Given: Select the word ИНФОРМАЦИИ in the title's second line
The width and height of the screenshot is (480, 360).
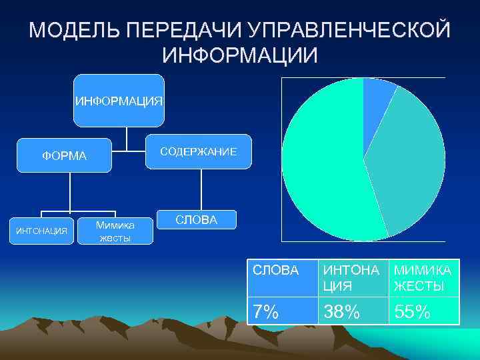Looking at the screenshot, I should (240, 55).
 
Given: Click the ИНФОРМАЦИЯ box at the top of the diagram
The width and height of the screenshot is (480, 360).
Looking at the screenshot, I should (119, 101).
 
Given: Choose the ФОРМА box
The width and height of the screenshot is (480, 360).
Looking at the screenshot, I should (64, 156).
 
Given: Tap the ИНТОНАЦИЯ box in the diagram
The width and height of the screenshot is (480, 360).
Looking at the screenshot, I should (41, 231).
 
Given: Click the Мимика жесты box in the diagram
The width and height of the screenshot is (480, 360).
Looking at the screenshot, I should (115, 231).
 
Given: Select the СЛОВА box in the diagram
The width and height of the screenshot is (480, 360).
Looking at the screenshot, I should (196, 221).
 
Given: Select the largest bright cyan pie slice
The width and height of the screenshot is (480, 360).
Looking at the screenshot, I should (320, 167).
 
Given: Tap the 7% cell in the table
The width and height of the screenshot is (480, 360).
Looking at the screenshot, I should (282, 311).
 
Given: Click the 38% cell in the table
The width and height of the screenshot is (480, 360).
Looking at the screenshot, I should (353, 311).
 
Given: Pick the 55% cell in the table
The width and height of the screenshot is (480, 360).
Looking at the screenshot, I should (424, 311).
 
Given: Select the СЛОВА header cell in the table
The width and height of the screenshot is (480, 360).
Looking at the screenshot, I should (282, 278).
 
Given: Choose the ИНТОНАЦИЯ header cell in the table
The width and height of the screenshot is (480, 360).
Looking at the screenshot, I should (353, 278).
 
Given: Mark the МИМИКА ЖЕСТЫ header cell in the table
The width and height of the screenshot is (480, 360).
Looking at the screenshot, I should (424, 278).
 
